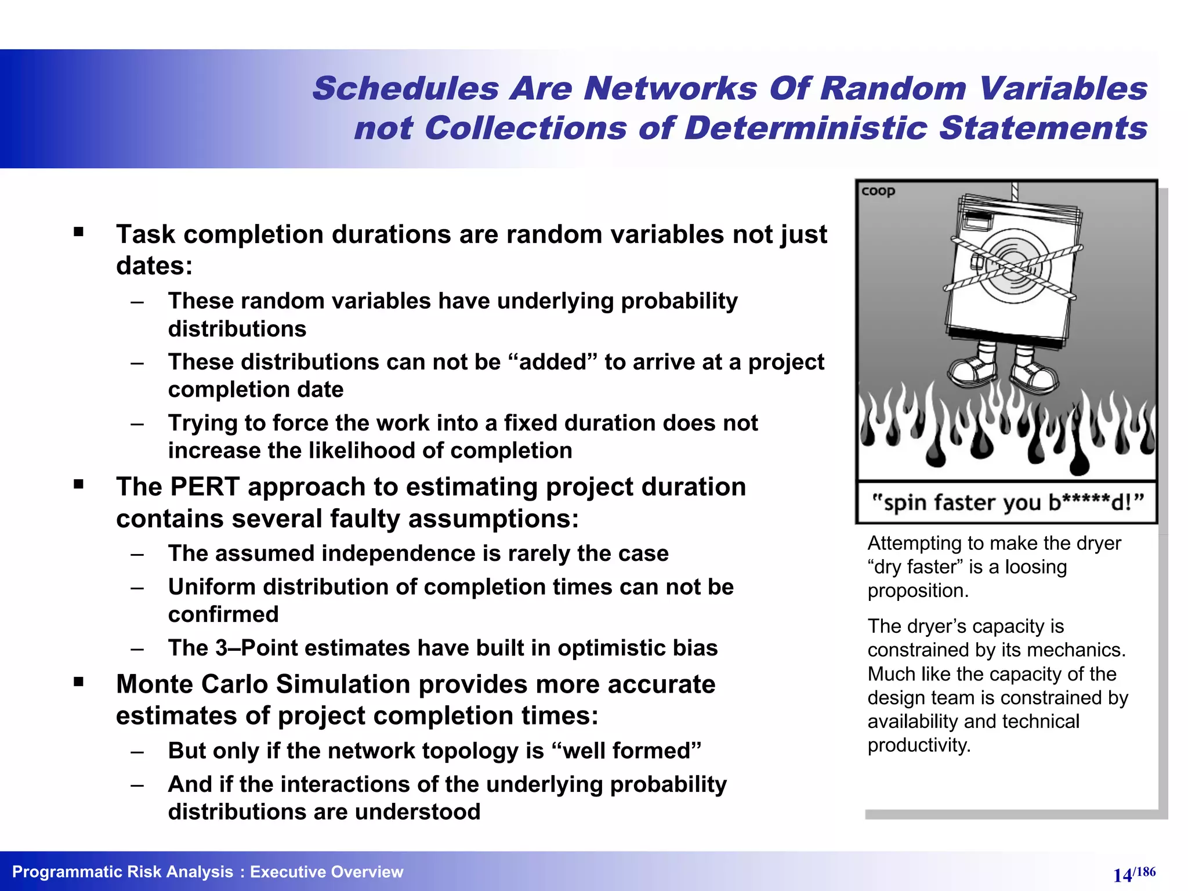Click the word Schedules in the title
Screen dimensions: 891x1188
point(405,89)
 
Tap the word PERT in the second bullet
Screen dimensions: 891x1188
point(205,487)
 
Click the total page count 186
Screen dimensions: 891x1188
point(1146,871)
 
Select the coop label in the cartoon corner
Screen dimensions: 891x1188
point(878,191)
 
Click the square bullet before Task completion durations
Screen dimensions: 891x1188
point(79,233)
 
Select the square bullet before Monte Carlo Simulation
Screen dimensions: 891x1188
point(79,682)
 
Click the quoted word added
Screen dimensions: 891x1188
point(552,362)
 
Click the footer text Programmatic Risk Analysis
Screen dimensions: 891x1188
point(122,872)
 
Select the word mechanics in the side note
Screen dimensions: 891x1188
point(1085,650)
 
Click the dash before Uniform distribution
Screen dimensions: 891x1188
point(137,588)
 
